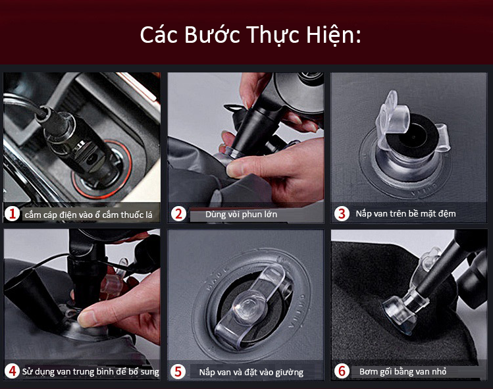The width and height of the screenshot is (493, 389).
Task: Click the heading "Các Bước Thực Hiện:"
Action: (250, 36)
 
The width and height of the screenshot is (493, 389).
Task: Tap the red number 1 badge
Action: (13, 214)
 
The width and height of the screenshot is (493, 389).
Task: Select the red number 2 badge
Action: (178, 214)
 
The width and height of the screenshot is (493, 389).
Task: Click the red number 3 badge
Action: (342, 214)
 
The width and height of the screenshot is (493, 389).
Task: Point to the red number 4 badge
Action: (13, 371)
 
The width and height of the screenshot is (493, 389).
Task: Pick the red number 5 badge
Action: (178, 371)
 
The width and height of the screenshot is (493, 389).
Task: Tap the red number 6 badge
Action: (342, 371)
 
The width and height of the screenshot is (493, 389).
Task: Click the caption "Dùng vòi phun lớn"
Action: (241, 215)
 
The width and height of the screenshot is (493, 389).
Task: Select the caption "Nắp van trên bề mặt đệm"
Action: (405, 214)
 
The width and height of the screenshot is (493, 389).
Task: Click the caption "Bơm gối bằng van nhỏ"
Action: (403, 372)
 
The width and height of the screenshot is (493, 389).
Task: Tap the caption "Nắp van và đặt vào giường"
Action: (251, 373)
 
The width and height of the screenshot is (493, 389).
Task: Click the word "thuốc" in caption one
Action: (132, 215)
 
